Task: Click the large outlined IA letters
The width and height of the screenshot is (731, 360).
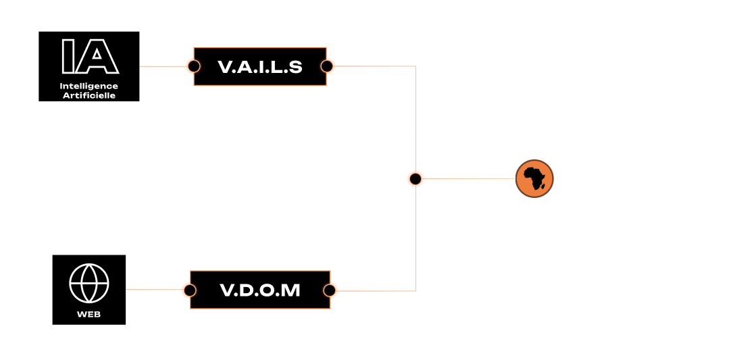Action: [89, 57]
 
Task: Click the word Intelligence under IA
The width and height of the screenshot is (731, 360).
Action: [89, 86]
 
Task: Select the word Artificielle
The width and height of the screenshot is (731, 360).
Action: [89, 95]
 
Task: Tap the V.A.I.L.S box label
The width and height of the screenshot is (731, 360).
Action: [260, 67]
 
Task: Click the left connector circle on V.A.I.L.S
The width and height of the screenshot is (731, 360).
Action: [194, 66]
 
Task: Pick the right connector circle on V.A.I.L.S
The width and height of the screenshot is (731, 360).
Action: [327, 66]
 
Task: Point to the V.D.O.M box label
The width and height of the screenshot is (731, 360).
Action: [260, 290]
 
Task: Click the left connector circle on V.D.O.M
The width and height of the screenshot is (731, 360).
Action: [190, 290]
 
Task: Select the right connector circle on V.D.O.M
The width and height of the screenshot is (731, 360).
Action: [330, 290]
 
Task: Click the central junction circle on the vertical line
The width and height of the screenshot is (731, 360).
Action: [415, 179]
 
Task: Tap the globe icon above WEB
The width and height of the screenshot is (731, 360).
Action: [89, 283]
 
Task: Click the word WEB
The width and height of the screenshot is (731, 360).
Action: [89, 315]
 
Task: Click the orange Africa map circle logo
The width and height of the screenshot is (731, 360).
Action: [534, 179]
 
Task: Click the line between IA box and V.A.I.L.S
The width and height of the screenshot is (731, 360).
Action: [162, 66]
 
